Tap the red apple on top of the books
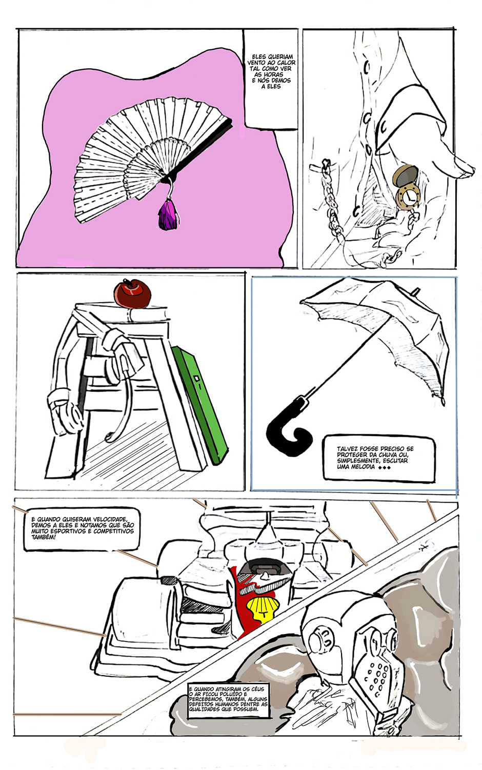132,293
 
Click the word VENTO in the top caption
256,63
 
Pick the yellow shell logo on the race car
264,608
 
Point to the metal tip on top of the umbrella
416,291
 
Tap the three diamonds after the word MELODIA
385,467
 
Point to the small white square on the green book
197,379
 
